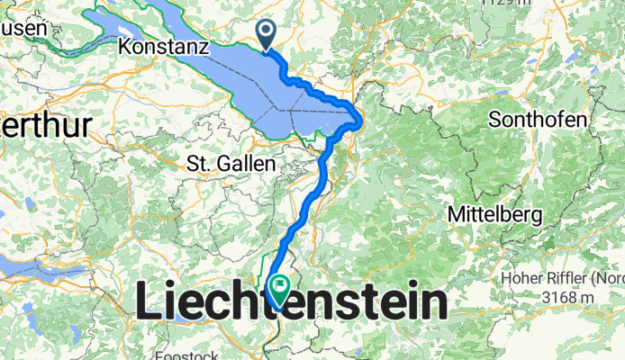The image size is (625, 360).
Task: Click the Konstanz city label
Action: click(164, 46)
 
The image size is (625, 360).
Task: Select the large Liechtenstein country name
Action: click(291, 303)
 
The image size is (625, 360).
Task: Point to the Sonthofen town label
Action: click(539, 120)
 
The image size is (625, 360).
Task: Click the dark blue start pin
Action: click(267, 34)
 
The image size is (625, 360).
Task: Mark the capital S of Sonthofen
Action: click(494, 120)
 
